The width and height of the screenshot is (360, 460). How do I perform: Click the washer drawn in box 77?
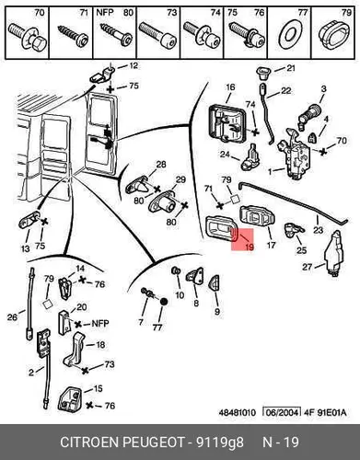pos(289,34)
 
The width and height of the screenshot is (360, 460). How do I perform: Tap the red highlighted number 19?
pos(250,247)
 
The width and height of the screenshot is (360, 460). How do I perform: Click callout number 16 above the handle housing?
pos(230,87)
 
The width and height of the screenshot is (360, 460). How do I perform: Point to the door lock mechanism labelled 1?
pos(294,155)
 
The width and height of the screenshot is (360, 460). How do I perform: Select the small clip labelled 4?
pos(313,137)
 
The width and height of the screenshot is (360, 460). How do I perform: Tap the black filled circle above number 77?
pos(164,302)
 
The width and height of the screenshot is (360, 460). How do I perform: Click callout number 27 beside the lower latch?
pos(307,267)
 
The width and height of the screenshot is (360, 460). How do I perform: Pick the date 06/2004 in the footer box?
pos(282,412)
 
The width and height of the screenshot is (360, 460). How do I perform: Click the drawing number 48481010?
pos(237,412)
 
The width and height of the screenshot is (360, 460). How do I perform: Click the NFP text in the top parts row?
pos(105,13)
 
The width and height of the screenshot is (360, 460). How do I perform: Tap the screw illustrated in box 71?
pos(73,35)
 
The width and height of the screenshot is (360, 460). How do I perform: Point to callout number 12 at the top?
pos(133,65)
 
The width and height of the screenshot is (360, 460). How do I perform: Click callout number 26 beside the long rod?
pos(12,316)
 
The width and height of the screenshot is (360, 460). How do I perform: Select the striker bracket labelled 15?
pos(70,399)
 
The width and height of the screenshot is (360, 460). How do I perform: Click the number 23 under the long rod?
pos(318,229)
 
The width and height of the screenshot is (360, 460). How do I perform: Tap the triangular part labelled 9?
pos(215,283)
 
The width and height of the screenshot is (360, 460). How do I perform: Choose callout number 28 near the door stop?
pos(161,165)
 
